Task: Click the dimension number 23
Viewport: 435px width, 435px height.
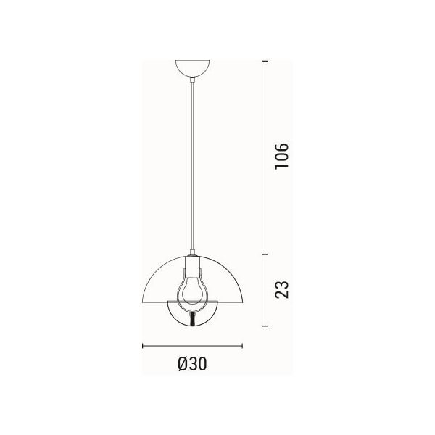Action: [x=283, y=289]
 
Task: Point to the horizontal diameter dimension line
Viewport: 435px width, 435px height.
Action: [x=192, y=345]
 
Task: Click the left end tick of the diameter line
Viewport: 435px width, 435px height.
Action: [x=143, y=345]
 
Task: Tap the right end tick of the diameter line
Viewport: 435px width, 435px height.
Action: [x=241, y=345]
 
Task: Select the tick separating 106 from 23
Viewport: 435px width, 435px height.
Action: [x=265, y=254]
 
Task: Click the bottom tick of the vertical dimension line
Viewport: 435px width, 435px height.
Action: [x=265, y=326]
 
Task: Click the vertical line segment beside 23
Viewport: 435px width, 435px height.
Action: [x=265, y=290]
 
